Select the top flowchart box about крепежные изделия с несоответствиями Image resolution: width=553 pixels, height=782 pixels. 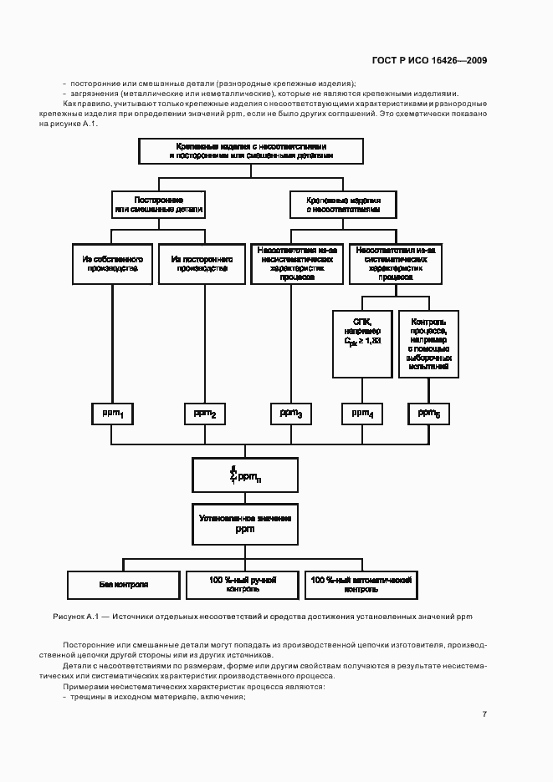click(x=251, y=151)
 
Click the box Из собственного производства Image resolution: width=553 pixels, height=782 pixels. click(x=111, y=264)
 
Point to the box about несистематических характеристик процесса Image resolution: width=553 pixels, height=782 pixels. click(x=297, y=264)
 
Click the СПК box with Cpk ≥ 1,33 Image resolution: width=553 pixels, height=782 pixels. click(x=362, y=343)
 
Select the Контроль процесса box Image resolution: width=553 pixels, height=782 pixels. click(x=429, y=343)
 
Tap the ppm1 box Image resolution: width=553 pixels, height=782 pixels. click(x=112, y=414)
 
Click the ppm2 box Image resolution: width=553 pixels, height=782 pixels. click(x=205, y=414)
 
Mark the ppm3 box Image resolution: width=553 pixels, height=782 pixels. click(x=291, y=414)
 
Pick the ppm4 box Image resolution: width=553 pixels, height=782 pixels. click(x=362, y=414)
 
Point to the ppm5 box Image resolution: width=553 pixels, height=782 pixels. click(x=429, y=414)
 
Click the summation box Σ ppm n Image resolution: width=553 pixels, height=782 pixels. click(x=244, y=475)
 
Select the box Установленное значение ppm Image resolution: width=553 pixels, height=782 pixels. click(x=244, y=524)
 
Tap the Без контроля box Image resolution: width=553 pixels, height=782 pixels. click(x=123, y=585)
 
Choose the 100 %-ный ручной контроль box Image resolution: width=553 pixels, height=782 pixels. click(x=243, y=585)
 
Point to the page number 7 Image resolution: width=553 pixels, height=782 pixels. click(x=484, y=713)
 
